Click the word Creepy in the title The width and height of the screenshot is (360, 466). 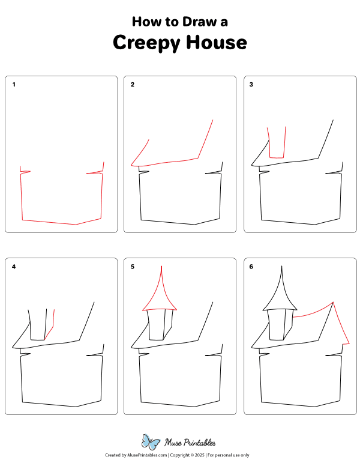[x=146, y=43]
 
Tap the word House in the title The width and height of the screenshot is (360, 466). [x=217, y=42]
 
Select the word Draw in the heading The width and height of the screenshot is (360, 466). [x=199, y=22]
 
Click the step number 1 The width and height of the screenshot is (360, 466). [x=14, y=85]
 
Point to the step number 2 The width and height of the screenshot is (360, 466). [x=133, y=85]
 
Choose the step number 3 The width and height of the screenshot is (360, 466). [x=251, y=85]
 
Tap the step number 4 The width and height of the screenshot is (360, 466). [x=14, y=267]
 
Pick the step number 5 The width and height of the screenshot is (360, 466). [x=133, y=267]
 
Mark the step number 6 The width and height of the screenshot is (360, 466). [x=251, y=267]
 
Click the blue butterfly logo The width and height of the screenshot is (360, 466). [x=151, y=442]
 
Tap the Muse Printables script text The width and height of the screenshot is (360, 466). [x=190, y=443]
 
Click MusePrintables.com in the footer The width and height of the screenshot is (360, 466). [x=147, y=455]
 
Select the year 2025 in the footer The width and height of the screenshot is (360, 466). [x=200, y=455]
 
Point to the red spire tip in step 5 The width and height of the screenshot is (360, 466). [x=161, y=266]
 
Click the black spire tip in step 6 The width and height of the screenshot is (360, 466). [x=281, y=266]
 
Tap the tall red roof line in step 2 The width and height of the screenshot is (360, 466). [x=205, y=139]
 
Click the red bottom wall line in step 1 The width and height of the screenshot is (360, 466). [x=49, y=222]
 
